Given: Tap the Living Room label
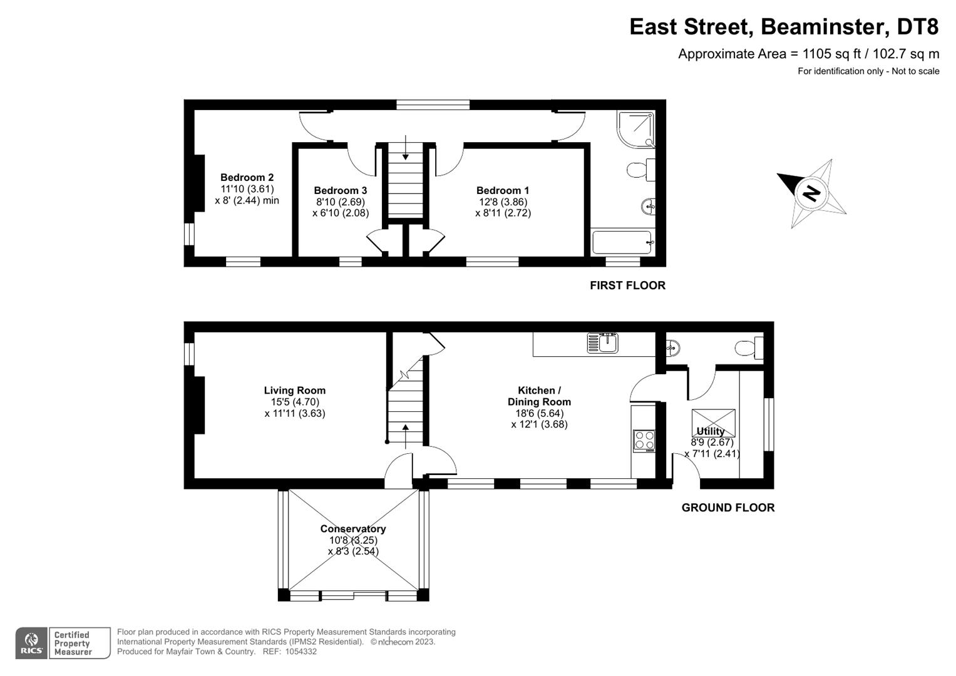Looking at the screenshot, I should [x=294, y=391].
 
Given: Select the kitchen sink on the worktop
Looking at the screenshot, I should [x=602, y=343].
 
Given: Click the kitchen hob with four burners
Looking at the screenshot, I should [x=644, y=440].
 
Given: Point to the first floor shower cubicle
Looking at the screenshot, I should [x=635, y=129].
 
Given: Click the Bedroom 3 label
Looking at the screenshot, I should [x=341, y=190].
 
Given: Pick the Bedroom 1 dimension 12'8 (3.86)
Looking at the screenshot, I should [x=502, y=202].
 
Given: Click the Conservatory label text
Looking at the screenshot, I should [x=353, y=529].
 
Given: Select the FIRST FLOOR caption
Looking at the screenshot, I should [x=627, y=285].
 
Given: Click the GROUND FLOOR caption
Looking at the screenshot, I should [x=727, y=508].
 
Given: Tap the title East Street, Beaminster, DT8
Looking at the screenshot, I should [x=784, y=27].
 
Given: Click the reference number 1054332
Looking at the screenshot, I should [x=300, y=652].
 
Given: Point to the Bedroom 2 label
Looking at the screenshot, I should [x=247, y=178].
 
